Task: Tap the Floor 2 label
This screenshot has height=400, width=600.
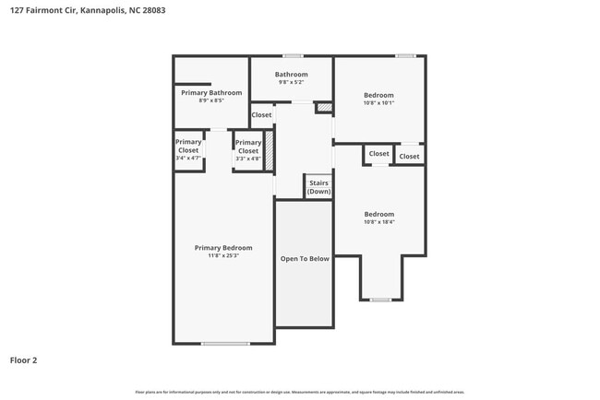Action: pos(24,360)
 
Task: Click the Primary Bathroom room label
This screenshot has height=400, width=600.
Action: pos(211,93)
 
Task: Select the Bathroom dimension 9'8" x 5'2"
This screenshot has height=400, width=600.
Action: pos(292,83)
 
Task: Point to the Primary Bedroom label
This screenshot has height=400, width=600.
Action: pos(222,247)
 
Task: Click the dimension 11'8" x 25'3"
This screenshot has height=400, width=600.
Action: pos(222,255)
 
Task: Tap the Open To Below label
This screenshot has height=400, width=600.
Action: pos(305,259)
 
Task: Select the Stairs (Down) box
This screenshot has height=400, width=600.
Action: pos(318,187)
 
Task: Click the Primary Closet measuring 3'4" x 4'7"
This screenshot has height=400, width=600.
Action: pos(188,150)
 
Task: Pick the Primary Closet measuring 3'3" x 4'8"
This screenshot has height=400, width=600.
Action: pos(248,150)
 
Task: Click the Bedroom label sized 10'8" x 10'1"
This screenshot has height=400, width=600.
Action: pos(378,95)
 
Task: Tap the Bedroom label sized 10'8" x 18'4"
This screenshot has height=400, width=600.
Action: pos(378,214)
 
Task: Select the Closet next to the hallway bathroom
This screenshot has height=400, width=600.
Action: pos(262,115)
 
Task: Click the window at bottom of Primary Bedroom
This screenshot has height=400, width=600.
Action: pos(225,344)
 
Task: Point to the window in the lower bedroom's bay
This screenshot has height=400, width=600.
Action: pos(380,300)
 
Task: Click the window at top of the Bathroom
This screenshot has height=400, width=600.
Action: pos(293,56)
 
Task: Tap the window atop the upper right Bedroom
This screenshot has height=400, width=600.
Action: pos(404,56)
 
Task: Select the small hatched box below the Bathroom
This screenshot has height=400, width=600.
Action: pos(324,109)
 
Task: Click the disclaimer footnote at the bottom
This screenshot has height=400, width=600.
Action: pos(299,392)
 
